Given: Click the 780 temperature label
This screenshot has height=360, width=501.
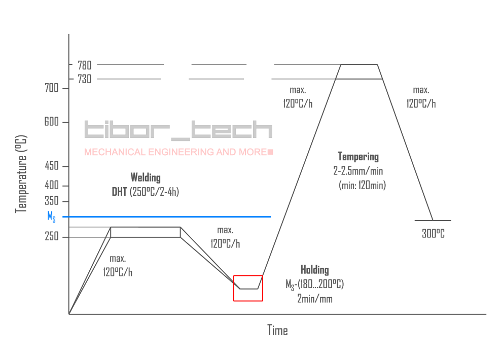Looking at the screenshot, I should (x=84, y=65).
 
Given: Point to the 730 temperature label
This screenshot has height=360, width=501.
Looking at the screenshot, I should (x=84, y=79).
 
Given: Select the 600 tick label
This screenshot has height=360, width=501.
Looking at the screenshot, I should (x=53, y=123).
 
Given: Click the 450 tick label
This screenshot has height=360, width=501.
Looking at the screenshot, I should (x=53, y=167).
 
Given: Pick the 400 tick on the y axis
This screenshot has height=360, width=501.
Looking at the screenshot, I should (x=53, y=186).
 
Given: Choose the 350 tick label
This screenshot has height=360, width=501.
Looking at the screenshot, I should (x=53, y=201).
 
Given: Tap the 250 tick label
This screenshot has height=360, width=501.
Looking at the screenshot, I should (x=53, y=237).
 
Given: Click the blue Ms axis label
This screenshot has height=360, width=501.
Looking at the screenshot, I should (x=51, y=217).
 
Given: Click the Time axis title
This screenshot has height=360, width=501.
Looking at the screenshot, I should (x=277, y=331).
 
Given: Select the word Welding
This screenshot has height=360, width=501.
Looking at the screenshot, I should (x=145, y=177).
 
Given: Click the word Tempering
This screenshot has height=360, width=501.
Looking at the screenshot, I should (x=358, y=157).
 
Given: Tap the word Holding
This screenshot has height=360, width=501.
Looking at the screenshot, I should (x=314, y=270).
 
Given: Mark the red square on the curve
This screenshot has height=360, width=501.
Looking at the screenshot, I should (x=248, y=288).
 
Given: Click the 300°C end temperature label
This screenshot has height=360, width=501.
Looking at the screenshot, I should (x=433, y=234).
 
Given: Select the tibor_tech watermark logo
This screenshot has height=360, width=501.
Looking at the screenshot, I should (x=178, y=130).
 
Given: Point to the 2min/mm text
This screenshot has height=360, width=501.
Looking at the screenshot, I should (x=314, y=299).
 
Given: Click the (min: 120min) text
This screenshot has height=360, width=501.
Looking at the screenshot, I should (x=362, y=186).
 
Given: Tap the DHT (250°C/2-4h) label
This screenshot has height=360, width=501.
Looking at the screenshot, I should (x=145, y=192).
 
